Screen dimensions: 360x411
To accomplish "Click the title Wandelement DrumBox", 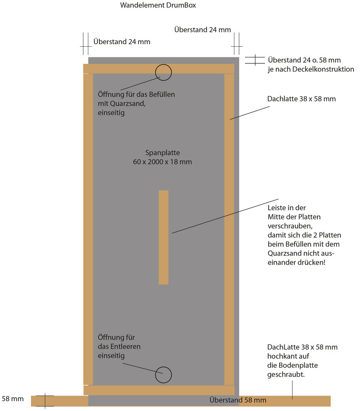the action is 158,5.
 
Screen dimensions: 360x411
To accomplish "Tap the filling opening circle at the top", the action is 163,65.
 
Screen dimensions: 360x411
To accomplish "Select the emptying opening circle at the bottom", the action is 163,367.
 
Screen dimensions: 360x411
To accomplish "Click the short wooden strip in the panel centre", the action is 163,237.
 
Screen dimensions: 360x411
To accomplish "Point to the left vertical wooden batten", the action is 88,229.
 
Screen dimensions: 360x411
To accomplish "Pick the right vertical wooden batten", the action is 229,229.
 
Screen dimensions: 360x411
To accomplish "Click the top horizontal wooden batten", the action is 159,68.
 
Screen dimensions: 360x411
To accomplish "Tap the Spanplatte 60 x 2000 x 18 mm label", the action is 162,157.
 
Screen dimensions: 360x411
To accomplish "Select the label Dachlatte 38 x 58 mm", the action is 301,99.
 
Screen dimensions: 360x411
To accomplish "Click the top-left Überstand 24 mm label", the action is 122,42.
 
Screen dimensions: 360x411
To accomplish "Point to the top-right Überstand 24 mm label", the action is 203,30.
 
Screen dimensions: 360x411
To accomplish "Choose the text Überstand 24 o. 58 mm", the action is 304,60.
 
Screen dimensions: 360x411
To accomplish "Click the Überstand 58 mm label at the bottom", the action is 238,400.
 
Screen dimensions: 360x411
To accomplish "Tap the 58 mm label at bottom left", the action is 12,399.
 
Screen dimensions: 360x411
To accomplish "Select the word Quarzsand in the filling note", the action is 128,104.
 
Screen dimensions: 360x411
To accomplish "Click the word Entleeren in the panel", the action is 126,346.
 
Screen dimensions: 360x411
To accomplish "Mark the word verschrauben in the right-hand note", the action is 290,226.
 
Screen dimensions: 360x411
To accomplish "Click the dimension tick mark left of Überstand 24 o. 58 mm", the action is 255,60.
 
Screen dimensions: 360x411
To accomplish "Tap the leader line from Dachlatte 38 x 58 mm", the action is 250,113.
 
